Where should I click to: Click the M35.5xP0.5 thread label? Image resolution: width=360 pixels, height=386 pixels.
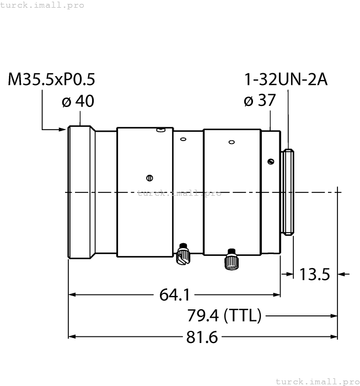pos(51,80)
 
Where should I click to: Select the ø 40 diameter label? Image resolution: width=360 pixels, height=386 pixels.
pos(78,101)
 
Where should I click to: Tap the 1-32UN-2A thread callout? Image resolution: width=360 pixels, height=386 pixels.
pos(286,80)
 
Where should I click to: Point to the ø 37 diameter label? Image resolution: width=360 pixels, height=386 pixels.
pos(259,101)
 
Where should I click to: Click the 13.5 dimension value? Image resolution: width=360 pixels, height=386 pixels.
pos(314,274)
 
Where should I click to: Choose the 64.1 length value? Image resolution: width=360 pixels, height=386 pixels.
pos(173,295)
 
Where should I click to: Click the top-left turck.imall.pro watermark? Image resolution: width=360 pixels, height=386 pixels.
pos(42,5)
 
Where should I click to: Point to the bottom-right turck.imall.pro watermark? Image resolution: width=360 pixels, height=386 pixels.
pos(316,381)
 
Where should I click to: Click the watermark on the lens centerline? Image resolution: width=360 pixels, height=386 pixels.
pos(179,193)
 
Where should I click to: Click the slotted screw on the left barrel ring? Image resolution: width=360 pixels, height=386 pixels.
pos(149,177)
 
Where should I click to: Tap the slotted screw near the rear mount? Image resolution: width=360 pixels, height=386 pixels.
pos(270,161)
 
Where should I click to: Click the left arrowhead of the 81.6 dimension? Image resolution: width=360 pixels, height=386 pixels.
pos(71,337)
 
